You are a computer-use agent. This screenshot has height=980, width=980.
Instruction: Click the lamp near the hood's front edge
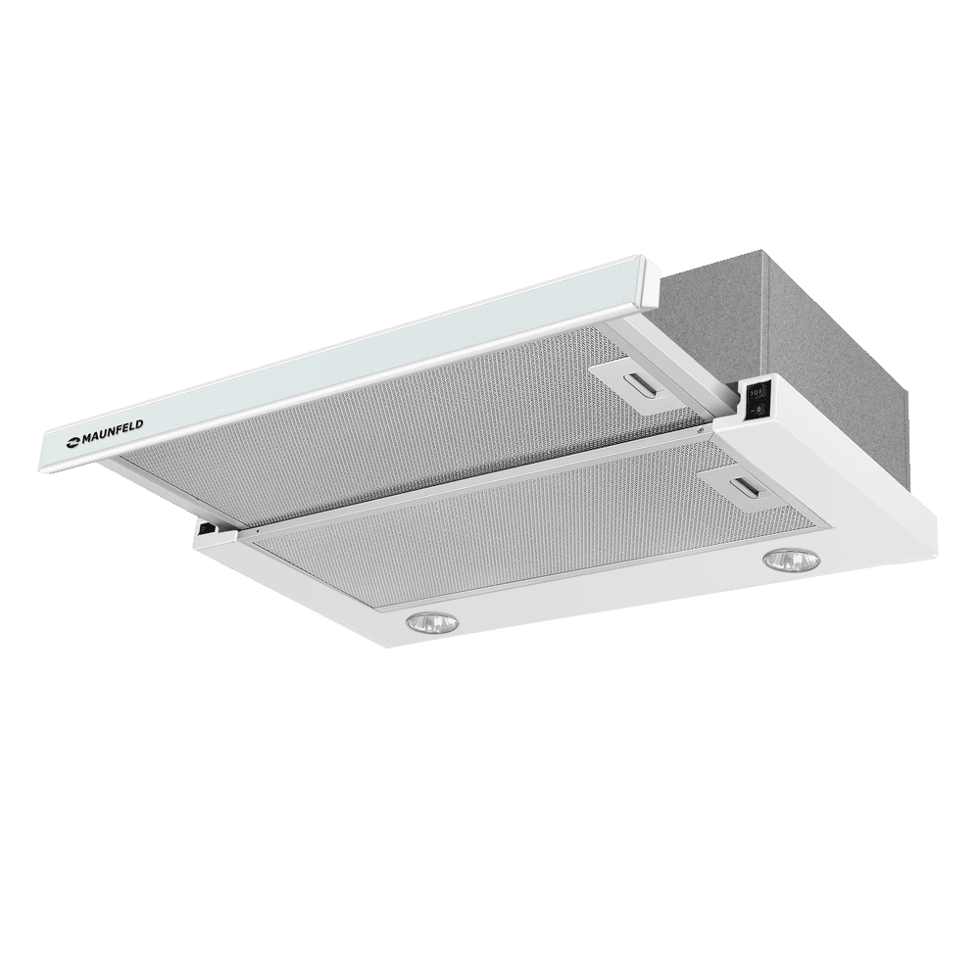[x=432, y=621]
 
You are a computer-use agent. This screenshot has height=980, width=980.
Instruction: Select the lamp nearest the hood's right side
[x=789, y=561]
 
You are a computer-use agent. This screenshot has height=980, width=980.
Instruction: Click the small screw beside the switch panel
[x=703, y=429]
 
